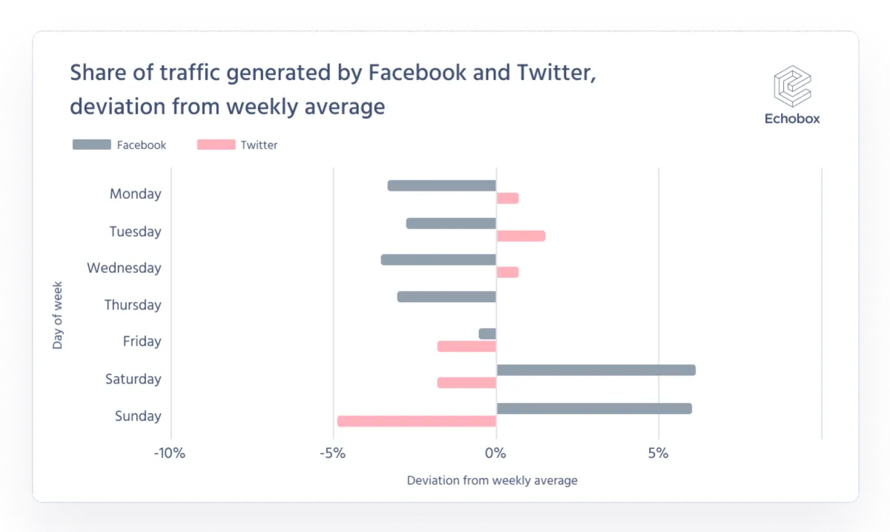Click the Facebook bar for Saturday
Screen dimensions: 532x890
click(x=596, y=370)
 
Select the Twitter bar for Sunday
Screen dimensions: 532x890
click(x=416, y=421)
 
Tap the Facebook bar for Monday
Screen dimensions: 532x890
click(x=441, y=185)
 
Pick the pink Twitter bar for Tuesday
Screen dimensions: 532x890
click(x=521, y=236)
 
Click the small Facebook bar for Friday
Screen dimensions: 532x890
click(x=487, y=334)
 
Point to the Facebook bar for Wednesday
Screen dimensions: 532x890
click(x=438, y=260)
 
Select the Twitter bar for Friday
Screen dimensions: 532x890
click(x=467, y=347)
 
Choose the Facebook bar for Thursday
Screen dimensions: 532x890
click(x=446, y=297)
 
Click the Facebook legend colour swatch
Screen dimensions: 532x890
click(x=91, y=145)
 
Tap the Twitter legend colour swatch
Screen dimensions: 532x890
click(x=216, y=145)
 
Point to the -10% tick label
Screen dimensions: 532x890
click(x=169, y=453)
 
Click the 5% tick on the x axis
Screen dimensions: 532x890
click(x=659, y=453)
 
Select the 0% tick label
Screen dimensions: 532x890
click(x=495, y=453)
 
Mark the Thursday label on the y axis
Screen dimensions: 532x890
click(x=133, y=305)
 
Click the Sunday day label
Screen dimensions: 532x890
click(x=138, y=416)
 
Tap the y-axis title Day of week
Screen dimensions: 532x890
click(x=58, y=315)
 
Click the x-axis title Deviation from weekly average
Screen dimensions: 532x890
click(x=492, y=481)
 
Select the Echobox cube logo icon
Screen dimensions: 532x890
click(x=792, y=86)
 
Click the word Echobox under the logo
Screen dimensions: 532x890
click(x=792, y=119)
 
